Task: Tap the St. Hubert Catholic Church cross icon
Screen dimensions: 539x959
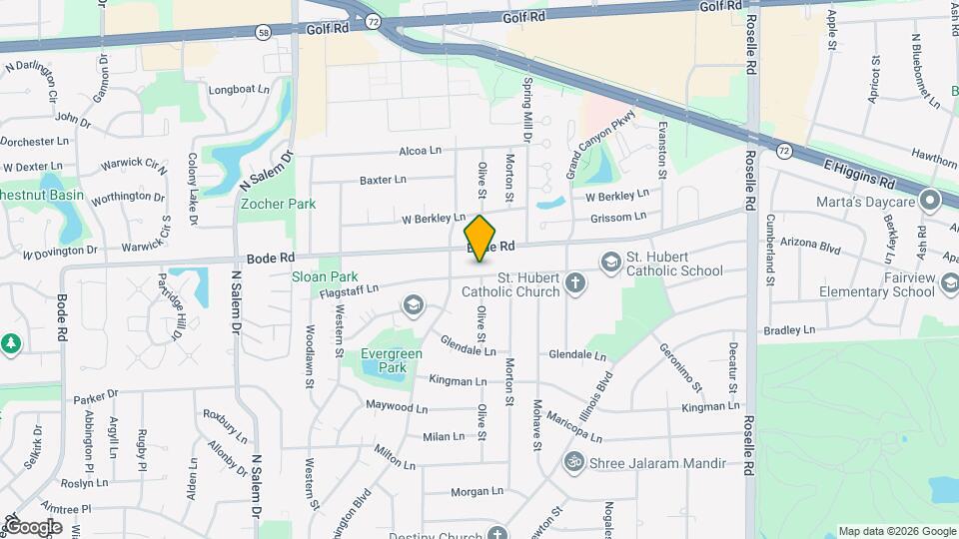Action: tap(574, 282)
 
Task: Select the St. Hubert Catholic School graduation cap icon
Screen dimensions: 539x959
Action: tap(609, 262)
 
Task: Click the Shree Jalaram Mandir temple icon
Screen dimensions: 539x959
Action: tap(574, 463)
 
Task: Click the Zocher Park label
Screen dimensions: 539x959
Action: tap(278, 204)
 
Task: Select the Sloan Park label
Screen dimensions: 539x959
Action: tap(325, 276)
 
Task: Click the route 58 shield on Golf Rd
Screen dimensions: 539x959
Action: tap(262, 32)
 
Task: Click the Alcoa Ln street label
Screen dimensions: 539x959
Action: tap(420, 151)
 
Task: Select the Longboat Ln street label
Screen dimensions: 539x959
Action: tap(240, 90)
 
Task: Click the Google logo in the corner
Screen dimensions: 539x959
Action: tap(32, 526)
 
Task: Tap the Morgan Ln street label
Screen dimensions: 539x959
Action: tap(477, 491)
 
